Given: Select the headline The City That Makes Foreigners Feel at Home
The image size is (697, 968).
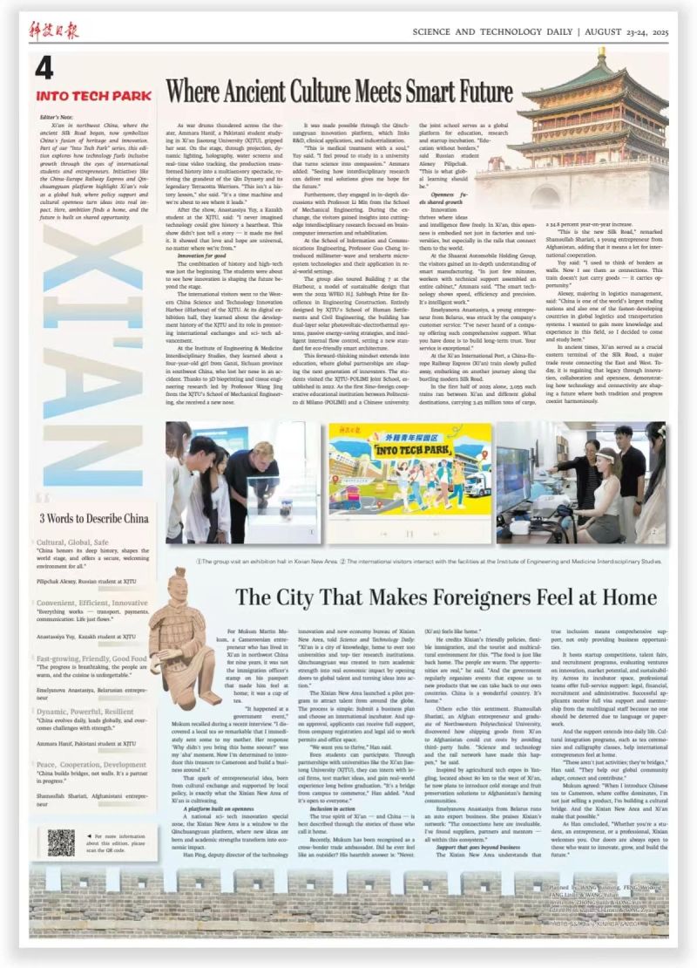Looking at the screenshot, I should (445, 597).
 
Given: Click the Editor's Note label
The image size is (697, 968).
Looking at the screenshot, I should (55, 116).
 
